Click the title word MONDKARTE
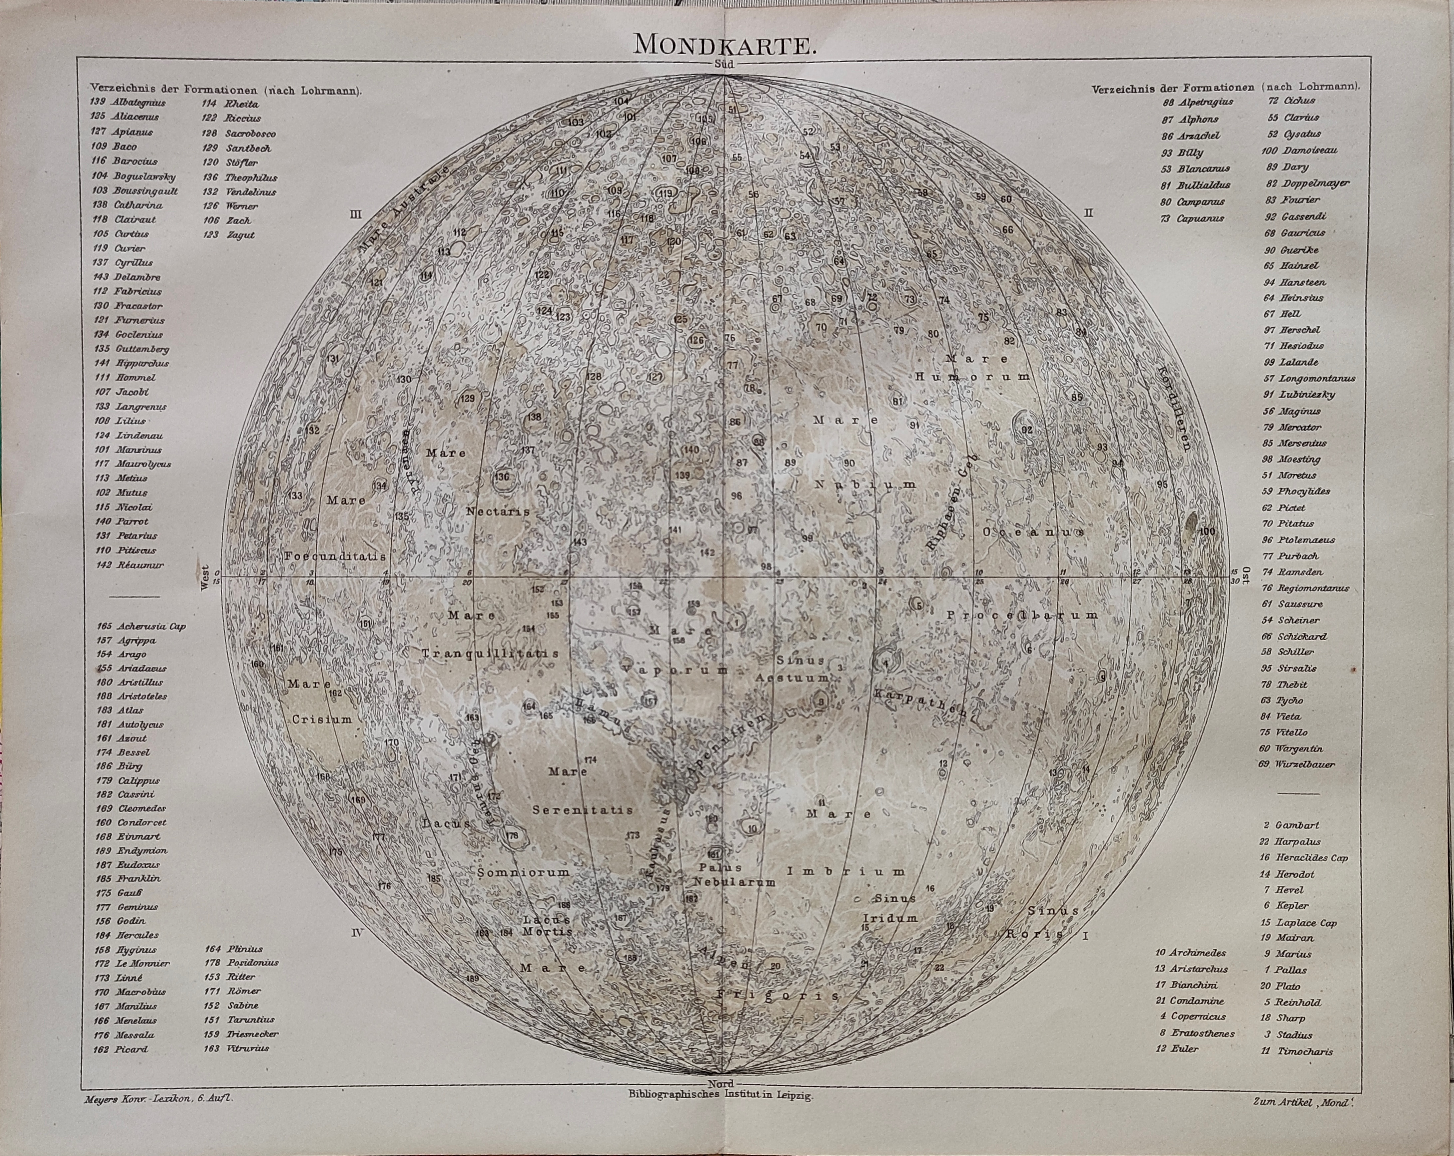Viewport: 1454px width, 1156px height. pos(725,44)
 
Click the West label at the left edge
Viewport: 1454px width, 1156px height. pos(205,578)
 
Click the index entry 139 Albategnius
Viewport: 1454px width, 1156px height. pos(128,103)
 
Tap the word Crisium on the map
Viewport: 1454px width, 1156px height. pos(322,720)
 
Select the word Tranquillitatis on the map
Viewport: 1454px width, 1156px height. pos(490,654)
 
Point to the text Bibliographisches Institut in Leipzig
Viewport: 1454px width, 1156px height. pos(720,1096)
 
